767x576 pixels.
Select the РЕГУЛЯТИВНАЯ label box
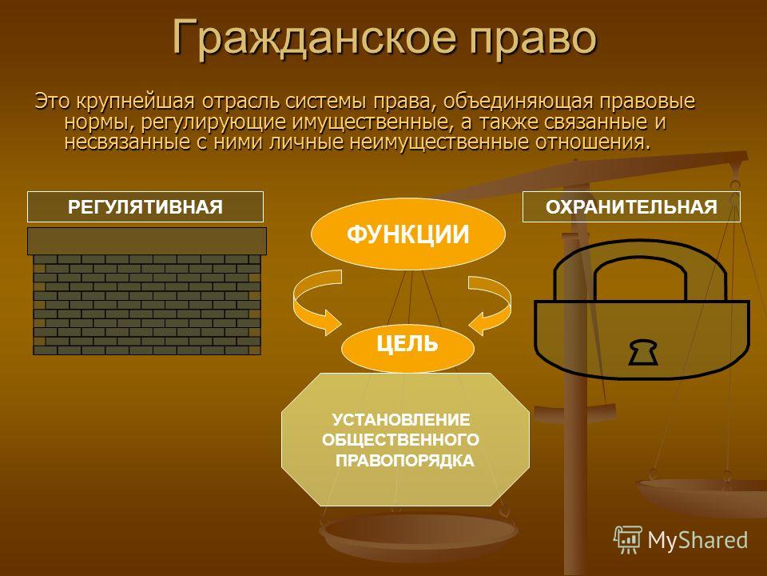pyautogui.click(x=145, y=206)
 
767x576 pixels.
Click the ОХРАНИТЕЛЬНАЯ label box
pyautogui.click(x=631, y=206)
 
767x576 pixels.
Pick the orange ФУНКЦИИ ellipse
pyautogui.click(x=408, y=234)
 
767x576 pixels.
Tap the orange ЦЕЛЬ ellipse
pyautogui.click(x=407, y=345)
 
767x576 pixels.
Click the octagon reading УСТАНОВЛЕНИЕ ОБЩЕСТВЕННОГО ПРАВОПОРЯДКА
pyautogui.click(x=405, y=439)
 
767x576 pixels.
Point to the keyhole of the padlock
pyautogui.click(x=642, y=352)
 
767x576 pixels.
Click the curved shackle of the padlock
pyautogui.click(x=641, y=253)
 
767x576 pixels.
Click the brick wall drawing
pyautogui.click(x=147, y=304)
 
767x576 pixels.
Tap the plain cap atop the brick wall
pyautogui.click(x=147, y=241)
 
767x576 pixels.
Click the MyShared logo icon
pyautogui.click(x=628, y=540)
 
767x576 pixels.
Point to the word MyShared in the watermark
pyautogui.click(x=697, y=540)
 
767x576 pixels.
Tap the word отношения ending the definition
pyautogui.click(x=594, y=142)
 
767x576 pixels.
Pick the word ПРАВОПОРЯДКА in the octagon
pyautogui.click(x=405, y=461)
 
